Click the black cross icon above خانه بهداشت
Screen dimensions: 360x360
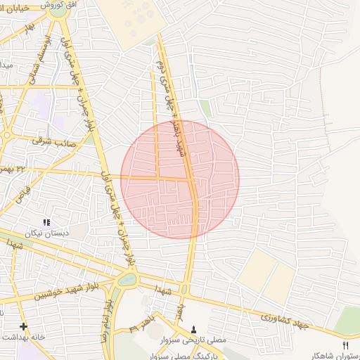(24, 326)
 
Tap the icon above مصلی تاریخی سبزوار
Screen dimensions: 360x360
(195, 329)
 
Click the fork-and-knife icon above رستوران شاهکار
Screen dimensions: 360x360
(345, 345)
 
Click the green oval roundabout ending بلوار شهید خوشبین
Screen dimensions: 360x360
(127, 279)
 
